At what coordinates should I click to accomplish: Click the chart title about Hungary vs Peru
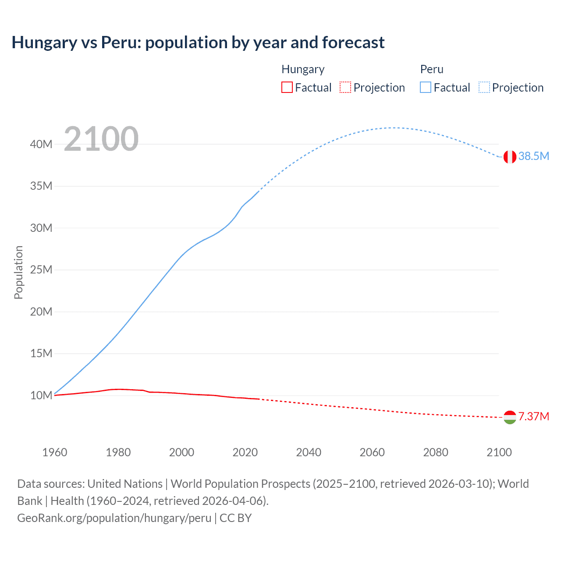click(198, 43)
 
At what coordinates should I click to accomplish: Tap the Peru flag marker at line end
click(510, 156)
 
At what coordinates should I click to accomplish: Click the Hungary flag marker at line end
click(510, 417)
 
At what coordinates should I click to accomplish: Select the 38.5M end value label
click(533, 156)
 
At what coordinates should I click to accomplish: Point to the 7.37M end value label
click(533, 416)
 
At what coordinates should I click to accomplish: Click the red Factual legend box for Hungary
click(287, 87)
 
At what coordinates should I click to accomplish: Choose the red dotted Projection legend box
click(345, 87)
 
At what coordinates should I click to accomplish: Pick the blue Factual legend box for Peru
click(426, 87)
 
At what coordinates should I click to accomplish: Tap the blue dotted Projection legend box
click(484, 87)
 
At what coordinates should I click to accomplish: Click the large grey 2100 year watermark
click(101, 139)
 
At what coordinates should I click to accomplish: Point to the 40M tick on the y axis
click(41, 144)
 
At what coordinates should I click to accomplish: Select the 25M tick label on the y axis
click(41, 270)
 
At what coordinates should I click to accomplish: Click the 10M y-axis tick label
click(41, 395)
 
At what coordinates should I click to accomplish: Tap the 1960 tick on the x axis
click(55, 452)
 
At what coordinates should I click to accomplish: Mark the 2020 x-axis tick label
click(245, 452)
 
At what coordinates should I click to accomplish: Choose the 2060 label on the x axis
click(372, 452)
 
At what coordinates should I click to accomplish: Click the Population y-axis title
click(18, 272)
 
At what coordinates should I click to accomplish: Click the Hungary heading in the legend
click(303, 69)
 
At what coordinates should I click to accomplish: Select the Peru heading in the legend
click(432, 69)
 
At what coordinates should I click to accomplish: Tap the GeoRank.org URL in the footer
click(114, 518)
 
